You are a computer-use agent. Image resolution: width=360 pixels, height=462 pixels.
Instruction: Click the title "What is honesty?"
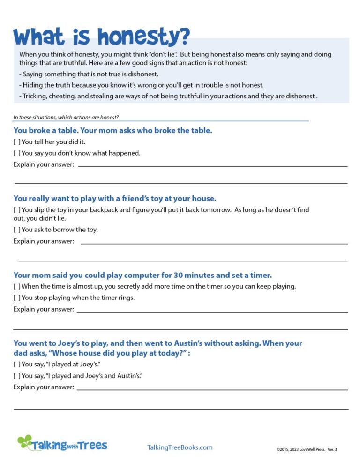102,36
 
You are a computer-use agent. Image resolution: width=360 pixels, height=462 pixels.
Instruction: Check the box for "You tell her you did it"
17,142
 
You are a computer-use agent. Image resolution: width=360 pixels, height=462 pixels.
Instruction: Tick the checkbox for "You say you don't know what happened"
17,153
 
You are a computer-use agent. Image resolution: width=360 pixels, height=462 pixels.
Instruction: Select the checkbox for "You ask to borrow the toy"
17,230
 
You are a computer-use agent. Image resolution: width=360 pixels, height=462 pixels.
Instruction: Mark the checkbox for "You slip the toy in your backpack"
17,210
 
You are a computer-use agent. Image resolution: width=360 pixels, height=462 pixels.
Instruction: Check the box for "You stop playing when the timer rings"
17,298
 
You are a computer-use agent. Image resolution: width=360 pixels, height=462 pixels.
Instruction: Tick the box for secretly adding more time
17,286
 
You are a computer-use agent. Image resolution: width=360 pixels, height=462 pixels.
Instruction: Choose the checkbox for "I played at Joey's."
17,364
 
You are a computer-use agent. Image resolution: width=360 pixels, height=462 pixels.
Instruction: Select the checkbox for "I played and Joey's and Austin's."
17,376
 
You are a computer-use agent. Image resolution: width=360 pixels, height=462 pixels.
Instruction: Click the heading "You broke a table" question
112,130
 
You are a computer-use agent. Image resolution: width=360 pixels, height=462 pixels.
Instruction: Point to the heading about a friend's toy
115,198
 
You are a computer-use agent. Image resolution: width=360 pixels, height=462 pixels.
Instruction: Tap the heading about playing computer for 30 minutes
142,275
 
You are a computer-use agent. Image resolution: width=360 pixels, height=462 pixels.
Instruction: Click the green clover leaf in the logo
25,441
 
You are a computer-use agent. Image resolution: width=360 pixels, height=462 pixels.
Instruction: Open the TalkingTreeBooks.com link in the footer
180,447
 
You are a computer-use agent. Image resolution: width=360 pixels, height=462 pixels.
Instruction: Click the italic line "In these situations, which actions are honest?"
69,117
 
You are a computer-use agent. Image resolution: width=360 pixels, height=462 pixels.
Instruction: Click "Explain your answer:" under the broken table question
44,164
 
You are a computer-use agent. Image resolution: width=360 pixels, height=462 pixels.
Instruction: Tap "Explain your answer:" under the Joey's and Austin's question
44,387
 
